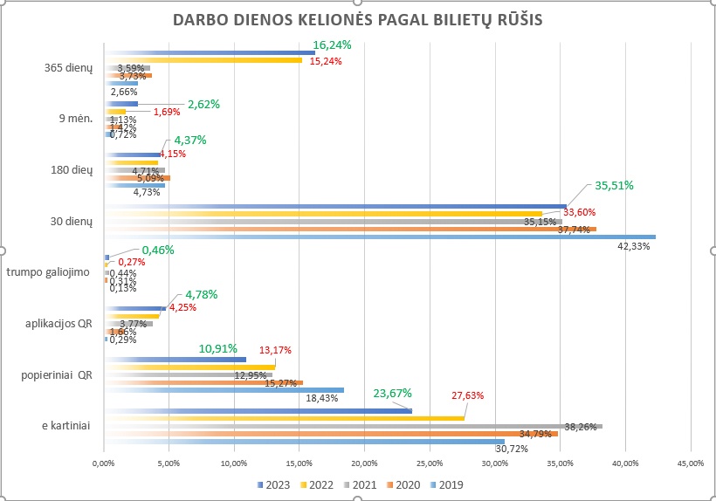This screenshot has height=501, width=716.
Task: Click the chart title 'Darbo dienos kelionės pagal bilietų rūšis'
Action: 356,20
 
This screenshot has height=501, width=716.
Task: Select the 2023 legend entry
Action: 274,484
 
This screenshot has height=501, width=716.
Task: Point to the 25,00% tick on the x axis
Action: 430,463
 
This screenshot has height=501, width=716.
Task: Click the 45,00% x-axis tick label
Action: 690,463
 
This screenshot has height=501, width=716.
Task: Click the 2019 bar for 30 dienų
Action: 379,236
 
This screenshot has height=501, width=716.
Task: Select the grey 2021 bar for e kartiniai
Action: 353,426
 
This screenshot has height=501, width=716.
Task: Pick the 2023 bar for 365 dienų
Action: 210,52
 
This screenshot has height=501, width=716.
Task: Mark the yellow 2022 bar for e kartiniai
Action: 284,418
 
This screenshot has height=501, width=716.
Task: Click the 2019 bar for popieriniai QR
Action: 224,390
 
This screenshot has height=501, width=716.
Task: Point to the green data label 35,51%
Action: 614,185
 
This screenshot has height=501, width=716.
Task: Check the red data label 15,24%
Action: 326,61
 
